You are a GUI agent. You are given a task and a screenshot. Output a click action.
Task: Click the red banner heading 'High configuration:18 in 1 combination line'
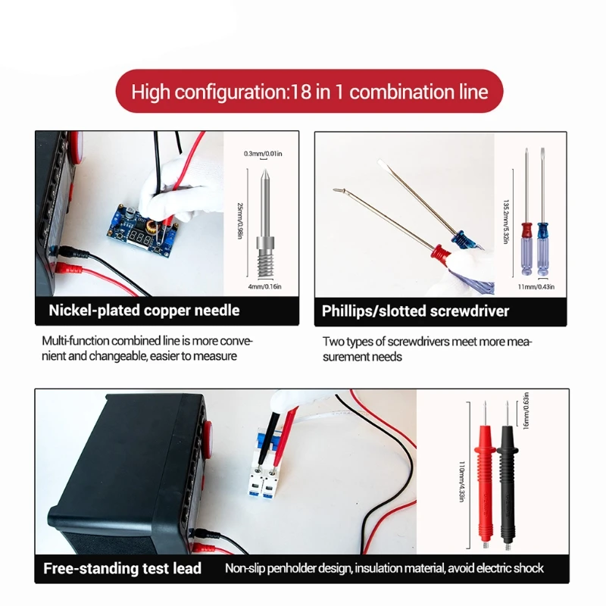[x=309, y=92]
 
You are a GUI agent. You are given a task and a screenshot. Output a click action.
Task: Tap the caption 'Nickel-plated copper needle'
[x=144, y=310]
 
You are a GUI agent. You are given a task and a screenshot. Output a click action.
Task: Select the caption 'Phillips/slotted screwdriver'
[x=415, y=311]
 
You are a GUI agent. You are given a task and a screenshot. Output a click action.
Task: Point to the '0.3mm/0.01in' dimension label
[x=262, y=154]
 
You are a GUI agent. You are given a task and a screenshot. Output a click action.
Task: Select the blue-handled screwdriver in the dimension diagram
[x=541, y=227]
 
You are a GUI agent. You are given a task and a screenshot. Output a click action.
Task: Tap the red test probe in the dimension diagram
[x=483, y=477]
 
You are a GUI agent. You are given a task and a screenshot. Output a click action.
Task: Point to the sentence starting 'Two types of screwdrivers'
[x=427, y=348]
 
